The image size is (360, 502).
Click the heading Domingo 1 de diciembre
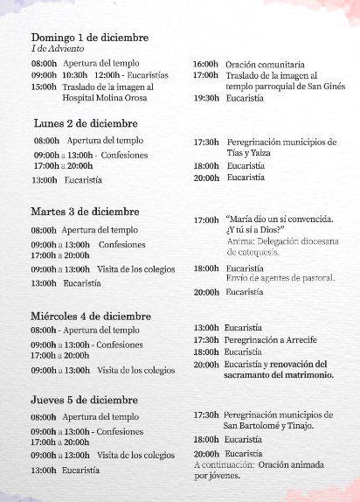pos(89,38)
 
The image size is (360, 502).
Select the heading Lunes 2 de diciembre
pos(85,123)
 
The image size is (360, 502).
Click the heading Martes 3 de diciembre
pos(85,212)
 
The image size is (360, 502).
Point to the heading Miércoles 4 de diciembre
pos(90,316)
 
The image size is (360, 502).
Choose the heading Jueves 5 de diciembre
pos(84,400)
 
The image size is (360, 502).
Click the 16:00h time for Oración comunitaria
pos(205,65)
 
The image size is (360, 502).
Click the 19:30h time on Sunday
pos(206,99)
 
